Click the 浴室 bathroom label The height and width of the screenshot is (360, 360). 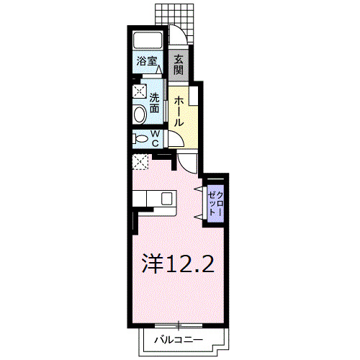coord(147,62)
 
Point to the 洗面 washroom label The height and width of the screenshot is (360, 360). coord(155,104)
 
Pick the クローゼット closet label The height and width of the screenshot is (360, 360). coord(215,197)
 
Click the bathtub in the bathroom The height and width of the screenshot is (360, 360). coord(148,40)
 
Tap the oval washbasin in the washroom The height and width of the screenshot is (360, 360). coord(139,114)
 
